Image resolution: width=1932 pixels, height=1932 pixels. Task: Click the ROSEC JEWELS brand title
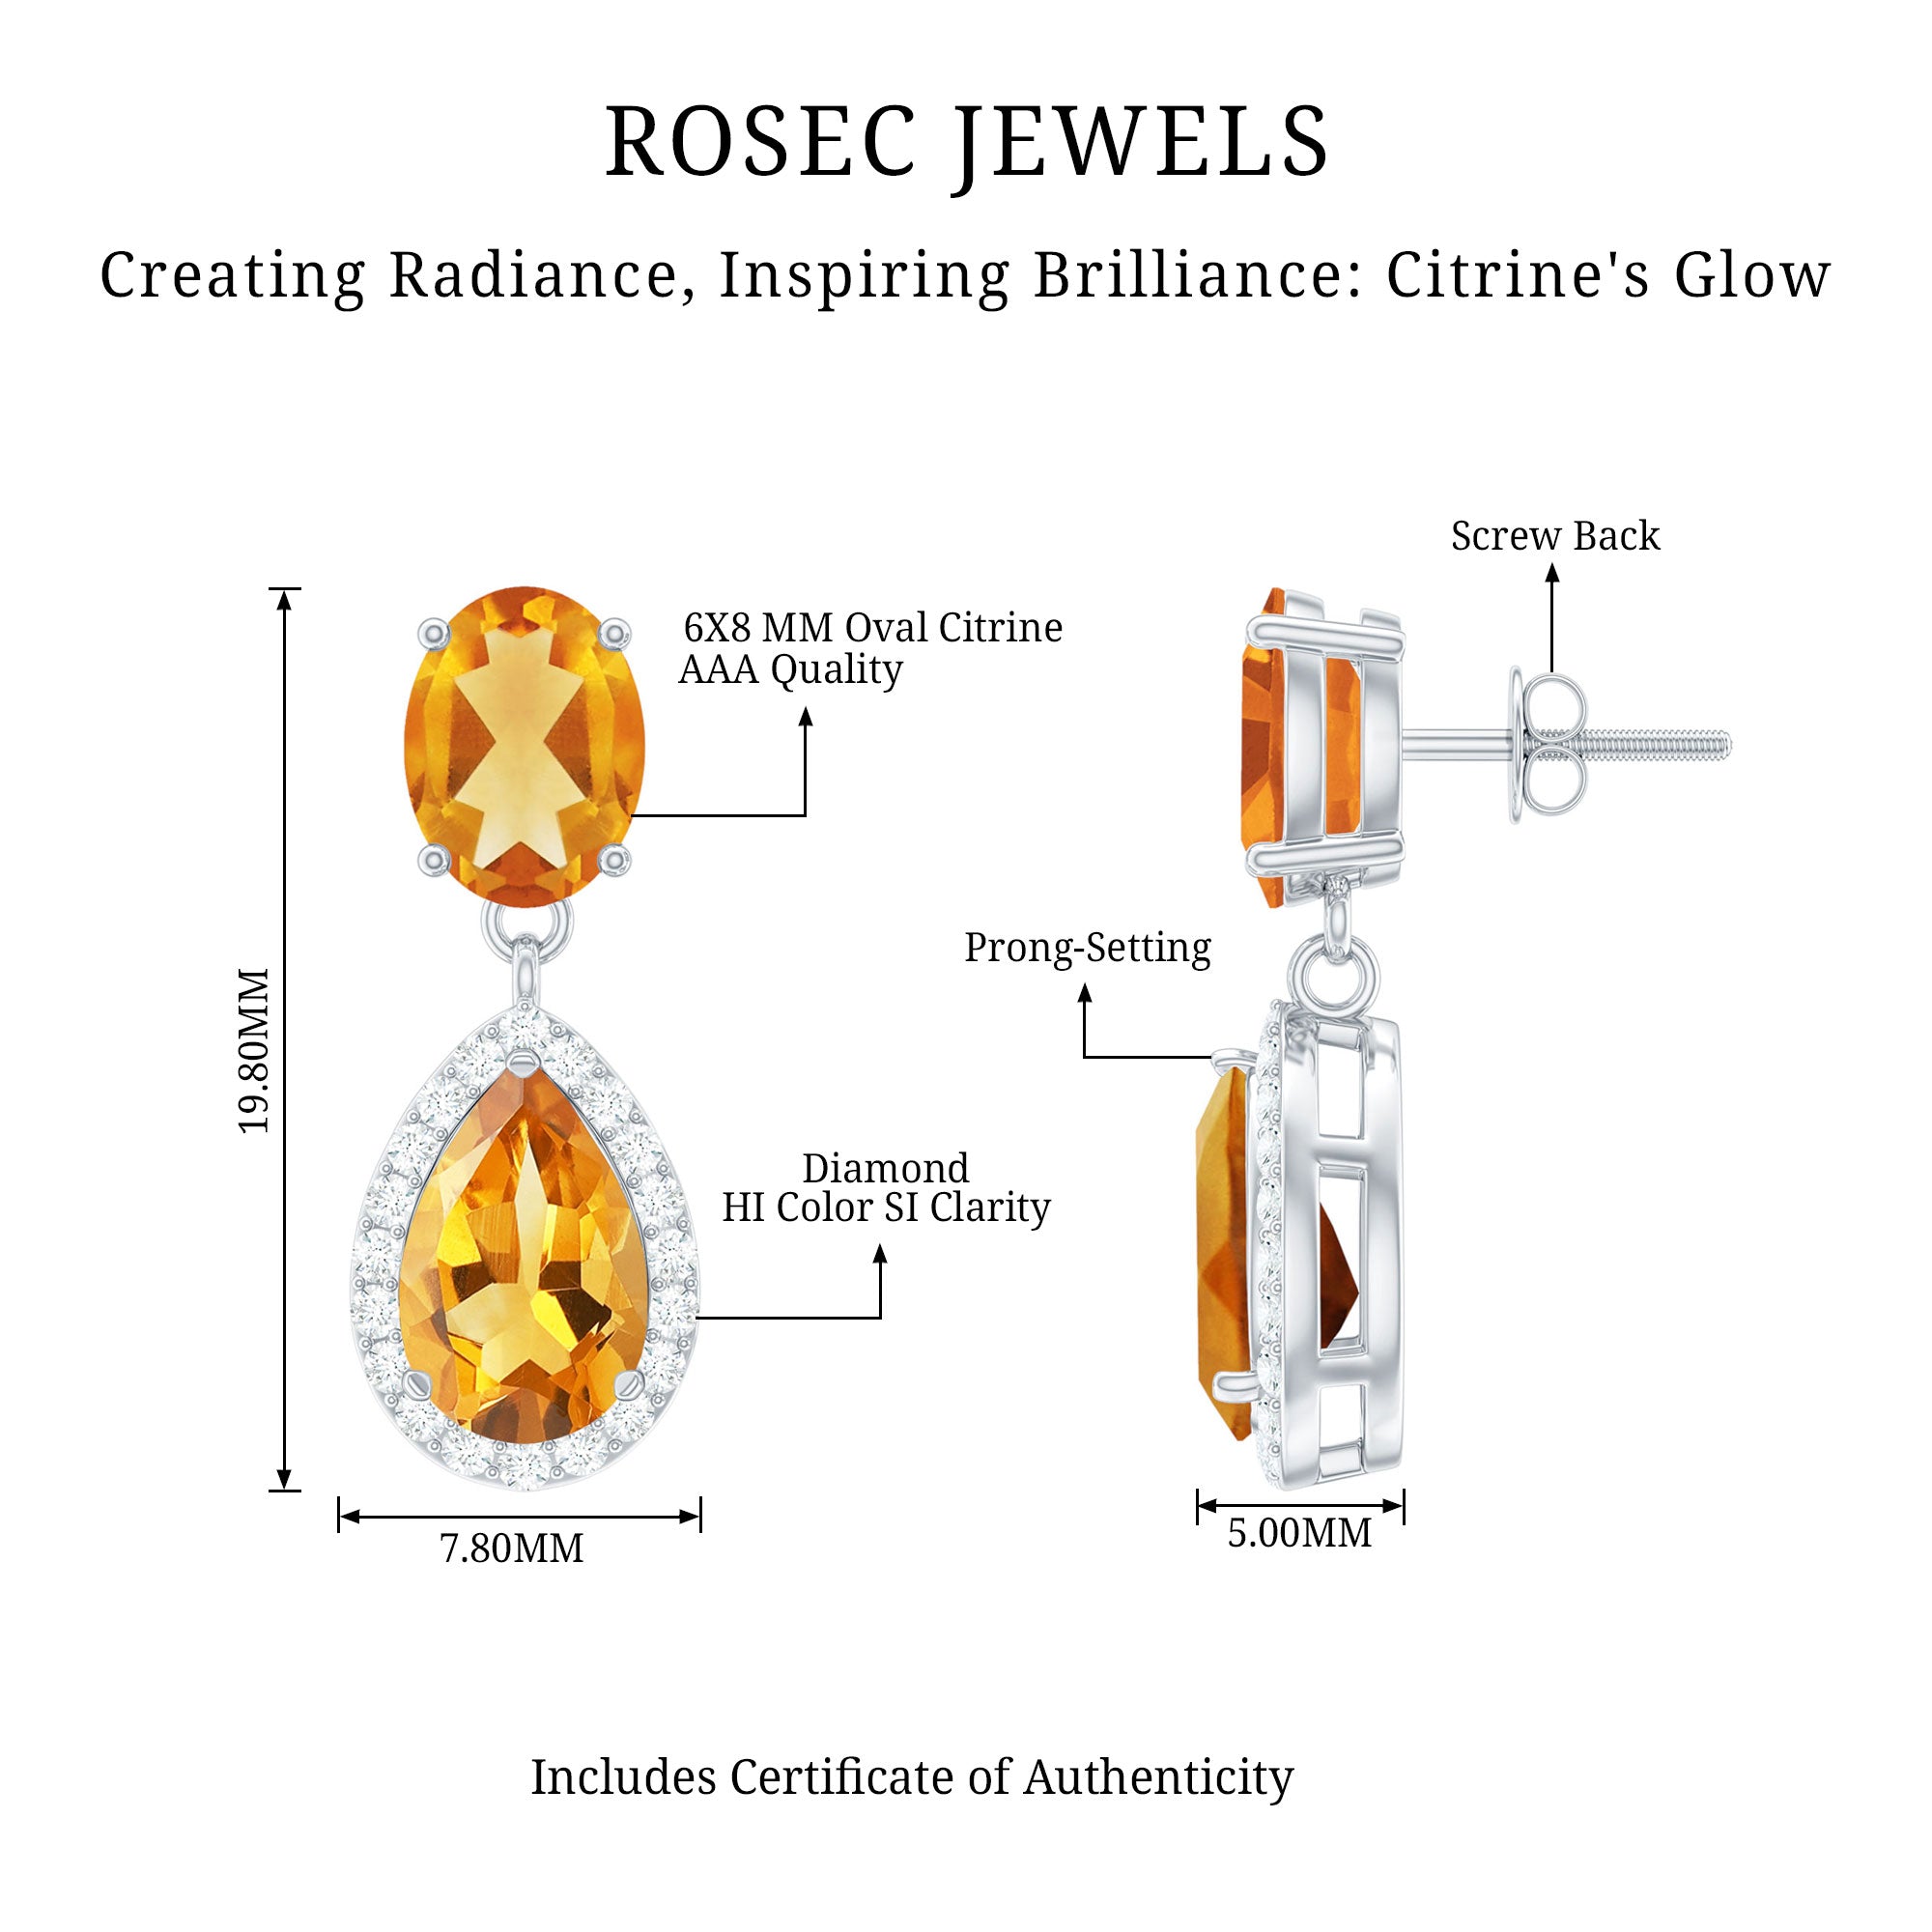click(x=966, y=142)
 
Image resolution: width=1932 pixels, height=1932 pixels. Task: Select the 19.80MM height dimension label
click(x=254, y=1050)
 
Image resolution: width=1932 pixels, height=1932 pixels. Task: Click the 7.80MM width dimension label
click(x=511, y=1549)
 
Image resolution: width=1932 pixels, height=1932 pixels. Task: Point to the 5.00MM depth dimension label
click(x=1299, y=1533)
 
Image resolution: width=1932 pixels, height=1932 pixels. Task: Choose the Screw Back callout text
click(x=1554, y=536)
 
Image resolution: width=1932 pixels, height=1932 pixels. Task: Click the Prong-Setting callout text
click(x=1087, y=947)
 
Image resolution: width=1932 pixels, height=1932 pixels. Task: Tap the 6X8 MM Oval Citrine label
click(x=872, y=628)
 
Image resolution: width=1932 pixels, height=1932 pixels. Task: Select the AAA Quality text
click(x=790, y=669)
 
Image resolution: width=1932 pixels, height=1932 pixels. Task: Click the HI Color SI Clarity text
click(x=886, y=1208)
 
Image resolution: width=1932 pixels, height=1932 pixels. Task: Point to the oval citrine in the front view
click(x=524, y=746)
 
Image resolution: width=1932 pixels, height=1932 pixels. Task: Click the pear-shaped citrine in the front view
click(x=524, y=1265)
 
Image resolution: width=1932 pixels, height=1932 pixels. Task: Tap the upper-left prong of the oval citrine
click(x=434, y=632)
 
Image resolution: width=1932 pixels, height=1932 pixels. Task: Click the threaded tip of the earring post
click(x=1690, y=745)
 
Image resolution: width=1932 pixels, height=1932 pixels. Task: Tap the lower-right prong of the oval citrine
click(x=614, y=858)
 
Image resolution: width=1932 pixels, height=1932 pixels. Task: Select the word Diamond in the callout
click(x=885, y=1168)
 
